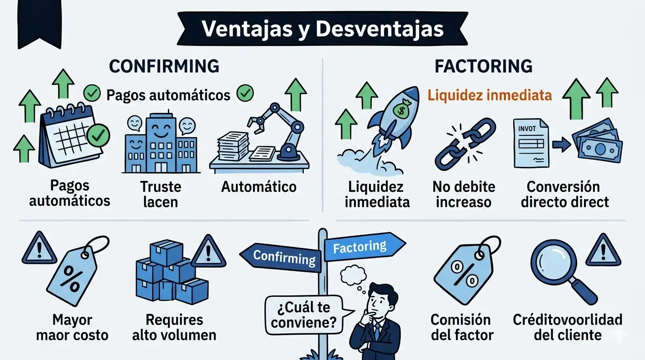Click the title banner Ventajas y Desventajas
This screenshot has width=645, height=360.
pyautogui.click(x=322, y=29)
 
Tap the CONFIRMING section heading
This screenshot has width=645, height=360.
pyautogui.click(x=164, y=66)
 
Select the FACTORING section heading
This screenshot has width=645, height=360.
pyautogui.click(x=483, y=66)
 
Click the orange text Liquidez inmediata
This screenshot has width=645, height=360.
pyautogui.click(x=489, y=96)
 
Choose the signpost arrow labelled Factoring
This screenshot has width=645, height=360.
pyautogui.click(x=363, y=247)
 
